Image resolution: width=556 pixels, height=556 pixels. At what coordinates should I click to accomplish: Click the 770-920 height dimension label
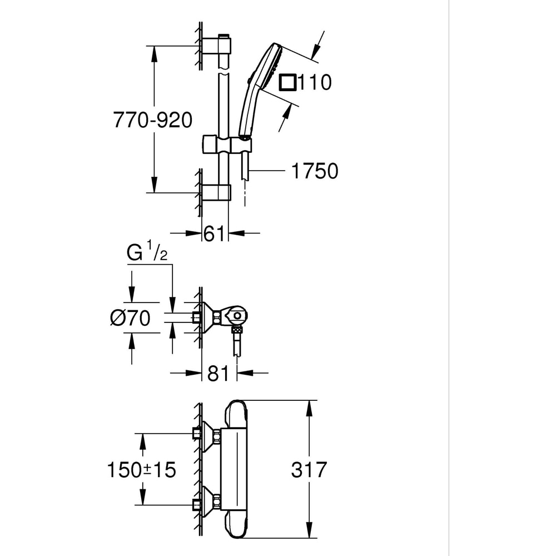tap(153, 120)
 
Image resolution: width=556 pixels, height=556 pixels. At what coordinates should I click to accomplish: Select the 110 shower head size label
tap(315, 83)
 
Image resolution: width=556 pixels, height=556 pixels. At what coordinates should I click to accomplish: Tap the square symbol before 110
tap(287, 82)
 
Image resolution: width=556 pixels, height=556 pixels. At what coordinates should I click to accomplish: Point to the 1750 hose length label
tap(315, 171)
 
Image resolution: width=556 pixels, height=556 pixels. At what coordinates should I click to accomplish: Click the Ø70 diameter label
tap(131, 319)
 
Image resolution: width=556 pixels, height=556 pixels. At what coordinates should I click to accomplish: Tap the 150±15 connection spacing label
tap(141, 470)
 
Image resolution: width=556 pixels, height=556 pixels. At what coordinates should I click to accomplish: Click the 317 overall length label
tap(309, 470)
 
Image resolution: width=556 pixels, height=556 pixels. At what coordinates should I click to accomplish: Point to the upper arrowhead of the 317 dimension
tap(309, 405)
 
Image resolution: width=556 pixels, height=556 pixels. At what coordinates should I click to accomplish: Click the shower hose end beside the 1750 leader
tap(245, 170)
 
